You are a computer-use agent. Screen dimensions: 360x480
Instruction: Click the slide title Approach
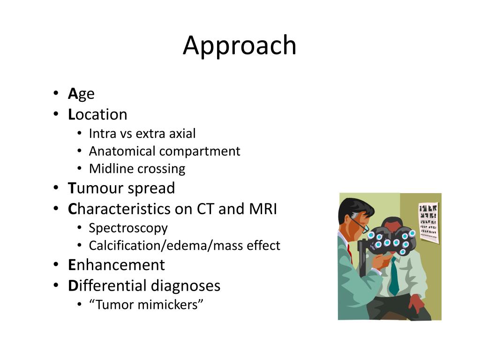tap(240, 46)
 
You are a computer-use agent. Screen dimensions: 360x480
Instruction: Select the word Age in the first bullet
tap(81, 94)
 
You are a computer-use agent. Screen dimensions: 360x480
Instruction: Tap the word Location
tap(97, 114)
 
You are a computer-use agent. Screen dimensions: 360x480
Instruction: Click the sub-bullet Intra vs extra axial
tap(142, 134)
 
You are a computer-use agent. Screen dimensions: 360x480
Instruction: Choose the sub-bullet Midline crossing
tap(137, 169)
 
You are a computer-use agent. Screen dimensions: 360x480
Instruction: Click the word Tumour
tap(89, 188)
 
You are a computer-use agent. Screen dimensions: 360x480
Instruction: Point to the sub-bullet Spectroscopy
tap(128, 228)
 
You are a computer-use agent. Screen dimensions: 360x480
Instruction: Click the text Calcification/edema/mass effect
tap(184, 246)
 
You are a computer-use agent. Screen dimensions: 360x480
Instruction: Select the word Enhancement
tap(116, 265)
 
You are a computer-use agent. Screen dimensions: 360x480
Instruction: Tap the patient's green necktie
tap(394, 278)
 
